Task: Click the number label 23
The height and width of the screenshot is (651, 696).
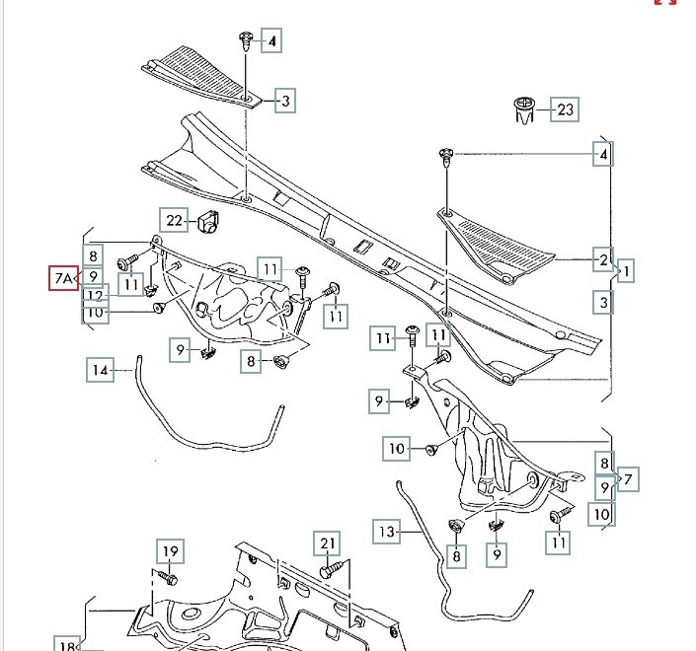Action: pos(565,109)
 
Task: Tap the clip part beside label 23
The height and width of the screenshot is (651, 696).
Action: pos(523,110)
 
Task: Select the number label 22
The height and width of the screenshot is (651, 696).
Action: pos(174,220)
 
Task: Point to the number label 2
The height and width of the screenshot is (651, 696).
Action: pos(601,261)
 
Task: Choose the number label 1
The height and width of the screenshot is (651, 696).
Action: pos(629,269)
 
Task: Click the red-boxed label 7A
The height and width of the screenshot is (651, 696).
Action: pos(61,279)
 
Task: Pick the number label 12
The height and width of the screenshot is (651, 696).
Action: pos(95,295)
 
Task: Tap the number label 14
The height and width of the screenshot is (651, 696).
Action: pos(99,371)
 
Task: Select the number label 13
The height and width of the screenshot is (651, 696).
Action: pos(387,532)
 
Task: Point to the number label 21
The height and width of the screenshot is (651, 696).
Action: pos(328,542)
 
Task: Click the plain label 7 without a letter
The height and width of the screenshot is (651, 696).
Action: pos(629,480)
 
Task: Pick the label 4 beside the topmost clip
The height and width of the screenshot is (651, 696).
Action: pos(270,41)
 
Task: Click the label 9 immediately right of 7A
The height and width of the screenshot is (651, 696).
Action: pos(92,277)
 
